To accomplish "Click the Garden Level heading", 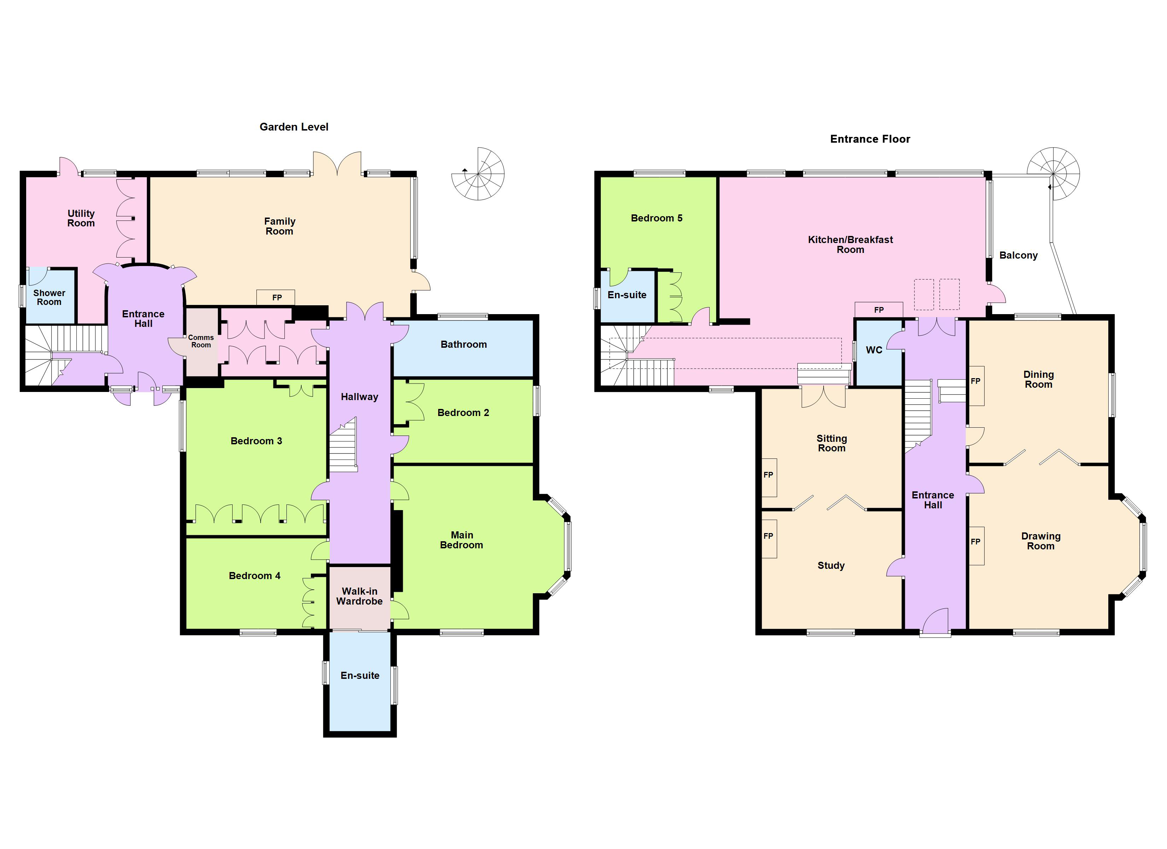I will [294, 127].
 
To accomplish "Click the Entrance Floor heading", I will [870, 139].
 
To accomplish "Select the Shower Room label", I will [50, 298].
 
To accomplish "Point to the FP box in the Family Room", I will [276, 298].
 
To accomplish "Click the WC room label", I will [874, 350].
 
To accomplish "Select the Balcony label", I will [1018, 255].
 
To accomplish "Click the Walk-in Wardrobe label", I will [359, 596].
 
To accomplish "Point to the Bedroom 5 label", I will [657, 218].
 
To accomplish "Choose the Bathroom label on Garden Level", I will [464, 345].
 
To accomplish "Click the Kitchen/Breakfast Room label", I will [850, 244].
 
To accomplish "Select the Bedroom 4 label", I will [255, 576].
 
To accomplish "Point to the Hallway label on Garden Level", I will [359, 397].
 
